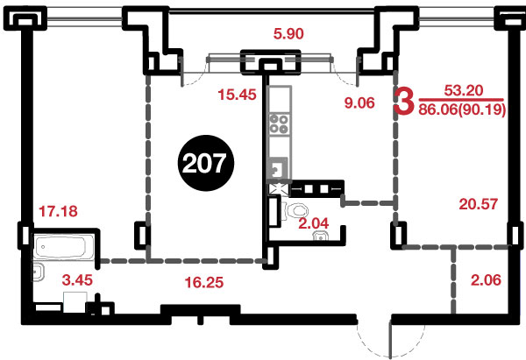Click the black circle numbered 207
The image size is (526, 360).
pyautogui.click(x=206, y=163)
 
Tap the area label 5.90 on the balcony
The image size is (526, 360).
pyautogui.click(x=288, y=34)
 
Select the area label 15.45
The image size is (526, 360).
pyautogui.click(x=237, y=95)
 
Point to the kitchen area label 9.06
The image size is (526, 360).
pyautogui.click(x=359, y=102)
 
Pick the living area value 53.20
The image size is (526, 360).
pyautogui.click(x=464, y=90)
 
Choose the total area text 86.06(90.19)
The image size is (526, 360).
pyautogui.click(x=462, y=109)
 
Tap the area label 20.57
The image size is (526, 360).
pyautogui.click(x=479, y=204)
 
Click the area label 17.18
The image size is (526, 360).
pyautogui.click(x=58, y=211)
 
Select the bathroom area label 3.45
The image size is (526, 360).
pyautogui.click(x=77, y=280)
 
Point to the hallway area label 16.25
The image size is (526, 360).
pyautogui.click(x=204, y=283)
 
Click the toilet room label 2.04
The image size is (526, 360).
pyautogui.click(x=314, y=223)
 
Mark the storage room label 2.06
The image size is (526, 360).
pyautogui.click(x=486, y=280)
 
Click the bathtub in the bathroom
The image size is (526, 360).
pyautogui.click(x=64, y=247)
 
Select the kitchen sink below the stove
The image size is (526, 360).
pyautogui.click(x=278, y=167)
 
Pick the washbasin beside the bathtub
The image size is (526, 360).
pyautogui.click(x=39, y=272)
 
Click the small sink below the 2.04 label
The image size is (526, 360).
pyautogui.click(x=321, y=236)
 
